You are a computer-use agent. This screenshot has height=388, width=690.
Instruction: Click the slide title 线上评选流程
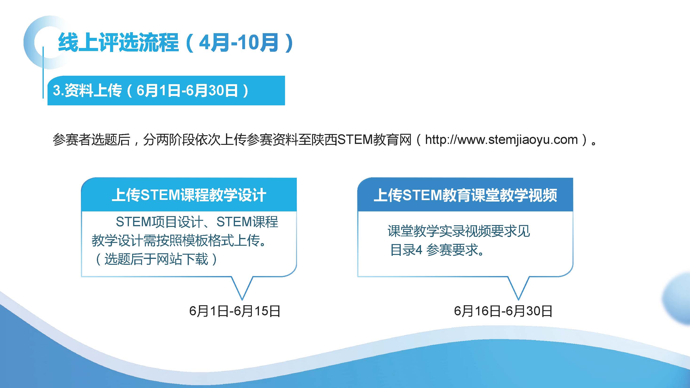click(118, 43)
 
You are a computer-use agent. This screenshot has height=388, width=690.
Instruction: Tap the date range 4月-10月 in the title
click(239, 43)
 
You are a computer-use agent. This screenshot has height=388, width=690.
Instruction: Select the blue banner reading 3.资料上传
click(166, 91)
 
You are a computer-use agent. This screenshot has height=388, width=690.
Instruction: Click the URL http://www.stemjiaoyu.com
click(501, 139)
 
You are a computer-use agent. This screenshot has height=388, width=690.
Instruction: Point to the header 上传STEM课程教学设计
click(189, 195)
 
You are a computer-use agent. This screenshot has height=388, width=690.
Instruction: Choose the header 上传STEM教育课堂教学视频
click(465, 195)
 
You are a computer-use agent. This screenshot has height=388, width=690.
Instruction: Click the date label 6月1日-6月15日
click(235, 311)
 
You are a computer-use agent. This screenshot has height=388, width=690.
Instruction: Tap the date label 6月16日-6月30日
click(503, 311)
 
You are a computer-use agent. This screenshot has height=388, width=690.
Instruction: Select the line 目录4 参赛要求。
click(437, 250)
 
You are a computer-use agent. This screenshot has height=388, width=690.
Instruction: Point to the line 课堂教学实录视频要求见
click(459, 231)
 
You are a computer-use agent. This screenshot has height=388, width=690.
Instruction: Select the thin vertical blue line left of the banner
click(43, 72)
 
